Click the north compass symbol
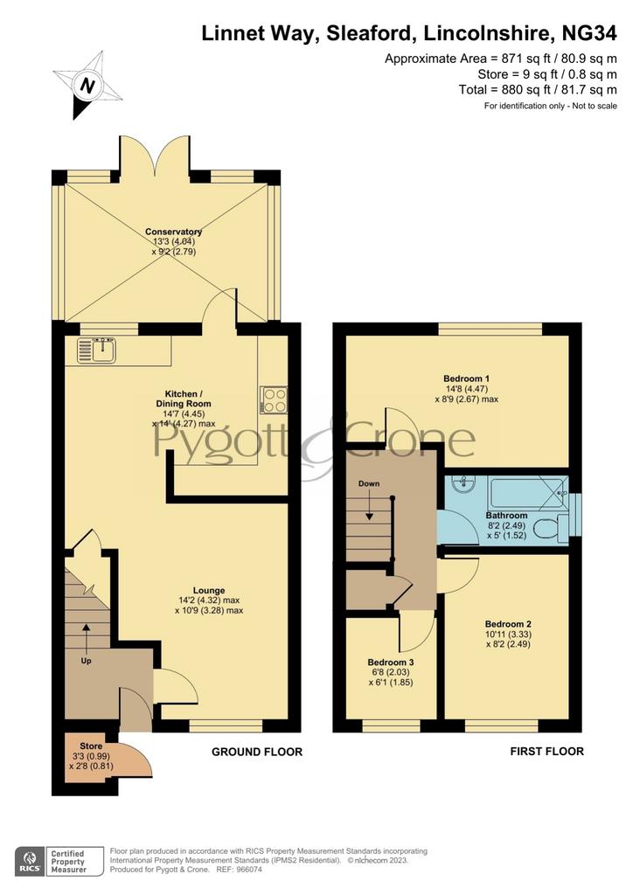click(87, 85)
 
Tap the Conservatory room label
click(173, 232)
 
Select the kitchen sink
click(97, 350)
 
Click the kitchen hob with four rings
click(274, 399)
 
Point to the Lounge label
click(209, 590)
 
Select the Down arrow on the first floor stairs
click(369, 507)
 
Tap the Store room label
click(91, 746)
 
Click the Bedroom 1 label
click(466, 378)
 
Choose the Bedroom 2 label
click(508, 624)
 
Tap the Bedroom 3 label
click(391, 663)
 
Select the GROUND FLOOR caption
click(257, 752)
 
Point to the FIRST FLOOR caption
click(546, 751)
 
